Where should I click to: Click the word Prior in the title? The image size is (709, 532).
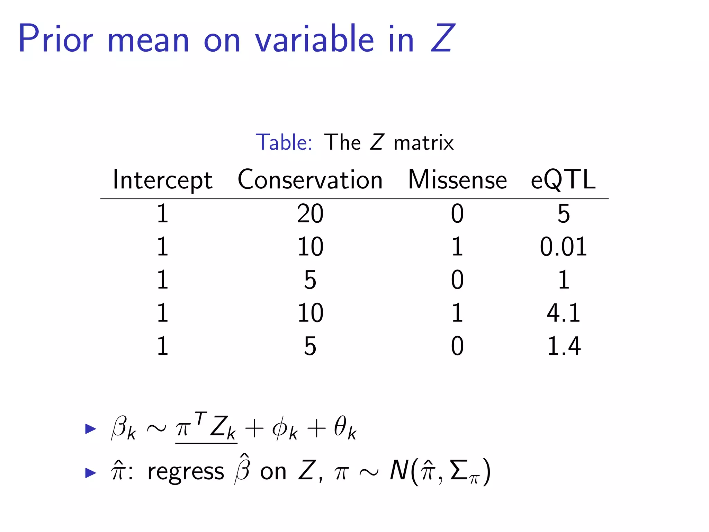tap(55, 39)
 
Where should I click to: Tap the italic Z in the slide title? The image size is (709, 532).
tap(442, 39)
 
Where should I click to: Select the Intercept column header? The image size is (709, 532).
tap(162, 180)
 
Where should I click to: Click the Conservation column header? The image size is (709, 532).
tap(310, 180)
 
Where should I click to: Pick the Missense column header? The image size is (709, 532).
tap(457, 180)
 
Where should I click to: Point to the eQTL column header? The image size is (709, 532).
tap(563, 180)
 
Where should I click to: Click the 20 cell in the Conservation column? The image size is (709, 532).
tap(310, 214)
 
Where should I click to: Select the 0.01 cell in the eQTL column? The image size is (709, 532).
tap(563, 247)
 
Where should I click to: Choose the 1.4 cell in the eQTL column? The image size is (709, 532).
tap(563, 346)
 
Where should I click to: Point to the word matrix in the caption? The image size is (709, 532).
tap(423, 143)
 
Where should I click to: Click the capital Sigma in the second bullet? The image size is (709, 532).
tap(459, 470)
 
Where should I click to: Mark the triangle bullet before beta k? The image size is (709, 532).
tap(90, 429)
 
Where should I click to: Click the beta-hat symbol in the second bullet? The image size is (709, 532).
tap(242, 468)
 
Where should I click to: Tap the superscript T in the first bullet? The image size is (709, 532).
tap(200, 418)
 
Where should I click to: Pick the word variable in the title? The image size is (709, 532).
tap(314, 39)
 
